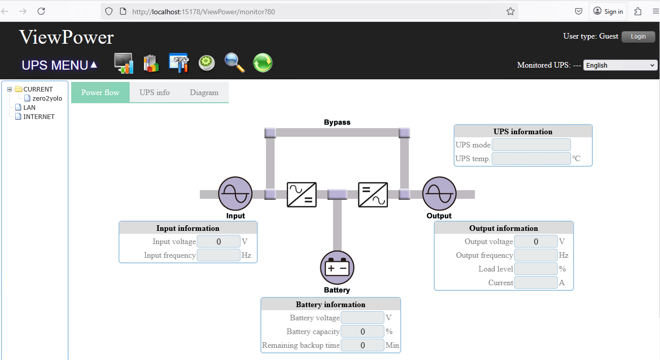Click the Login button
point(638,37)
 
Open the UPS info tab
point(155,93)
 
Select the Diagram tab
point(204,93)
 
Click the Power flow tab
point(100,93)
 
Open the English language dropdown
point(620,65)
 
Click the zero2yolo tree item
point(47,99)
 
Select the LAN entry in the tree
point(29,108)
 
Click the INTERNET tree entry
point(39,117)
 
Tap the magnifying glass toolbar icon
point(234,63)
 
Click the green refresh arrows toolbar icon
point(262,63)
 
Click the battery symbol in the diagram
point(337,267)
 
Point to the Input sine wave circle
point(235,194)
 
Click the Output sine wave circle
point(439,194)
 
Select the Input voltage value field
point(219,242)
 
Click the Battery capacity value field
point(363,332)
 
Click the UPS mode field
point(531,145)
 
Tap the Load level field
point(536,269)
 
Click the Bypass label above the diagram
point(337,123)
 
